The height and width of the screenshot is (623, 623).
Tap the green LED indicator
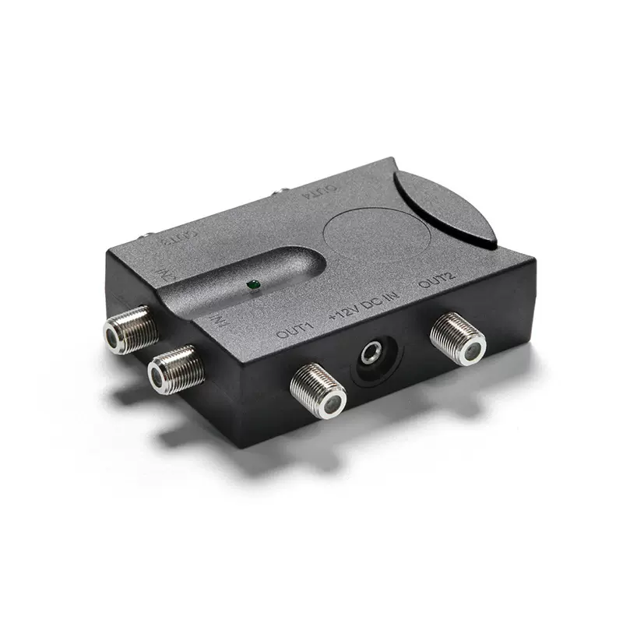click(252, 286)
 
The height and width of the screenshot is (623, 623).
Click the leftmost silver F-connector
click(129, 329)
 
